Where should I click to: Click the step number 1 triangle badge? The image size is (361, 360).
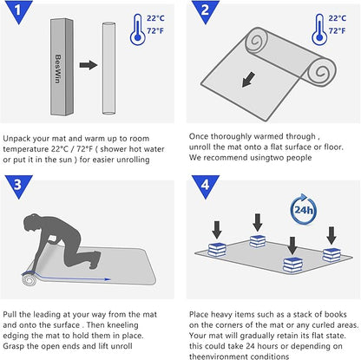(x=19, y=11)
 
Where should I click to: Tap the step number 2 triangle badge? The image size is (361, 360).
(x=206, y=11)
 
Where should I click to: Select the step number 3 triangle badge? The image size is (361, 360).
(x=19, y=186)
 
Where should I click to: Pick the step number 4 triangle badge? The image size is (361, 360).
(x=206, y=186)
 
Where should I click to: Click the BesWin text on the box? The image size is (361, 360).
(x=58, y=69)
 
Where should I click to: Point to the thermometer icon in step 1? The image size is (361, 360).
(x=138, y=29)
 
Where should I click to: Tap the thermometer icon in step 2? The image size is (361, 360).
(x=319, y=29)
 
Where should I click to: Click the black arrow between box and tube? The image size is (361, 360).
(x=89, y=65)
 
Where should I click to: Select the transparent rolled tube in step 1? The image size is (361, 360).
(x=108, y=69)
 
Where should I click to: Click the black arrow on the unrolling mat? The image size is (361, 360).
(x=248, y=80)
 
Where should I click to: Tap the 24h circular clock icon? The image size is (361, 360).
(x=303, y=209)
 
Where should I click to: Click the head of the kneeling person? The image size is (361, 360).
(x=31, y=222)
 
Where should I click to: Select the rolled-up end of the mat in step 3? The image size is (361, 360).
(x=29, y=279)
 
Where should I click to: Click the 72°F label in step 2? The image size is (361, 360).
(x=337, y=30)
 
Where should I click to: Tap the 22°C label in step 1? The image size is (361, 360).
(x=155, y=18)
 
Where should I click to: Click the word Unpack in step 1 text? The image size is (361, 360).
(x=16, y=139)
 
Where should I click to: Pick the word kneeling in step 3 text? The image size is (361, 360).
(x=122, y=325)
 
